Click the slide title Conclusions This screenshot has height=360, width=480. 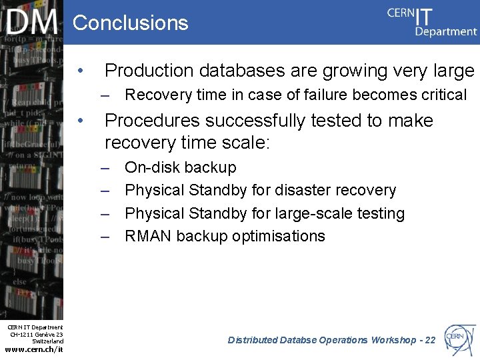pyautogui.click(x=130, y=23)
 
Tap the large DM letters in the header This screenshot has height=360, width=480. pyautogui.click(x=33, y=23)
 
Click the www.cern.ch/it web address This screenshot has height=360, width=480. pyautogui.click(x=33, y=349)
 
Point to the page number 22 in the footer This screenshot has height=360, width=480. pyautogui.click(x=429, y=340)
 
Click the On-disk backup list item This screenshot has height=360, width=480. pyautogui.click(x=180, y=167)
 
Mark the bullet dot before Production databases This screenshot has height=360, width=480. pyautogui.click(x=80, y=71)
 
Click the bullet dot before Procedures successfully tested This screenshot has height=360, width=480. pyautogui.click(x=80, y=121)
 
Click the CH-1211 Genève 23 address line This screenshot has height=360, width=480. pyautogui.click(x=37, y=334)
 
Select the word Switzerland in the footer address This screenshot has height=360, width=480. pyautogui.click(x=47, y=341)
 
